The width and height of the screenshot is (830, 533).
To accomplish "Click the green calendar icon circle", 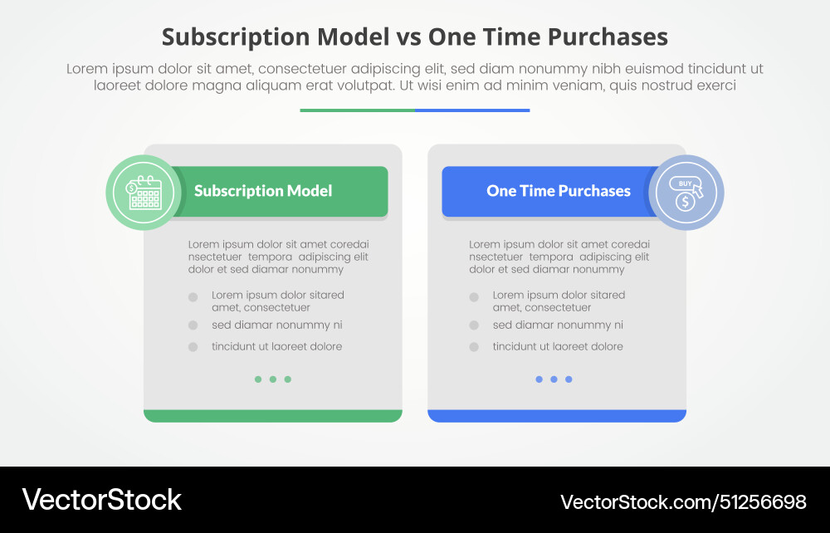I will pos(144,193).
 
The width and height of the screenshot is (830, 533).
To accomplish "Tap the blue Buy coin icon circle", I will pos(686,193).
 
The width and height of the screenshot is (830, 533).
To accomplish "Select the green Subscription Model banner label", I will pos(263,191).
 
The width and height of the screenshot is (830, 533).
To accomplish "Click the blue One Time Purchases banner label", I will pos(558,191).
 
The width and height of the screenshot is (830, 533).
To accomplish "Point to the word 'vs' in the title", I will pos(407,37).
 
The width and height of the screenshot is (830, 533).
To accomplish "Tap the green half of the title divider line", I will pos(357,110).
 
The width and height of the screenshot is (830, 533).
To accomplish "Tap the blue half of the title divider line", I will pos(472,110).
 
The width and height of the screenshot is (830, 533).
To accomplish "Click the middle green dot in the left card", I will pos(273,379).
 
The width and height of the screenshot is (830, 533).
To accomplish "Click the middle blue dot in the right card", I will pos(554,379).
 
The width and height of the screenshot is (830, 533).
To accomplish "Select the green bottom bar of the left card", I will pos(273,415).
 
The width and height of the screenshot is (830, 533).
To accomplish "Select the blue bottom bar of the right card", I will pos(557,415).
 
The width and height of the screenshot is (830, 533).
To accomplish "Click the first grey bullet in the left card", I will pos(193,296).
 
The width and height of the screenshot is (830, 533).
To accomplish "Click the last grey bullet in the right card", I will pos(474,347).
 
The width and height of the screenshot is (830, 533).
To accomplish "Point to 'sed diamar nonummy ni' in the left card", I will pos(276,325).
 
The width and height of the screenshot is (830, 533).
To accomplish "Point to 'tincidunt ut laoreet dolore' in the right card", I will pos(557,347).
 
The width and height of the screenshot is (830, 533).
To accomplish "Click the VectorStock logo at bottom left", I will pos(101,500).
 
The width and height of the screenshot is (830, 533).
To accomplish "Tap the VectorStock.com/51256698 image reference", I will pos(683,501).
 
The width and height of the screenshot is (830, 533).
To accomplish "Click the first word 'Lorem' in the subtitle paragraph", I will pos(88,70).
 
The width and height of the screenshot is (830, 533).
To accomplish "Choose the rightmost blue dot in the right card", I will pos(569,379).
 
